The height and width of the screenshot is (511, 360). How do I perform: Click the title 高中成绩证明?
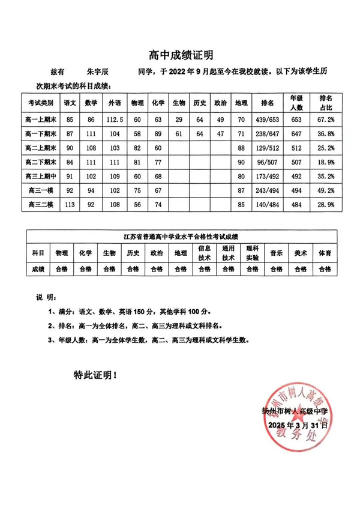point(181,56)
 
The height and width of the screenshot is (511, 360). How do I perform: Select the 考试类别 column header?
point(41,103)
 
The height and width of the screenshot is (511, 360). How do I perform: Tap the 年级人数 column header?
point(296,103)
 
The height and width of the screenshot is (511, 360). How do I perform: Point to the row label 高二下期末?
point(41,162)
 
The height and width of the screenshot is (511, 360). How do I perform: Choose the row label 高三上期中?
point(41,177)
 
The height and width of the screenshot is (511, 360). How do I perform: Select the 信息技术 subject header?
point(203,253)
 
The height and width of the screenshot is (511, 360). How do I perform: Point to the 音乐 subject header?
point(277,253)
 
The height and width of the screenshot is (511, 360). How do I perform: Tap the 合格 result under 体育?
point(325,270)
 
